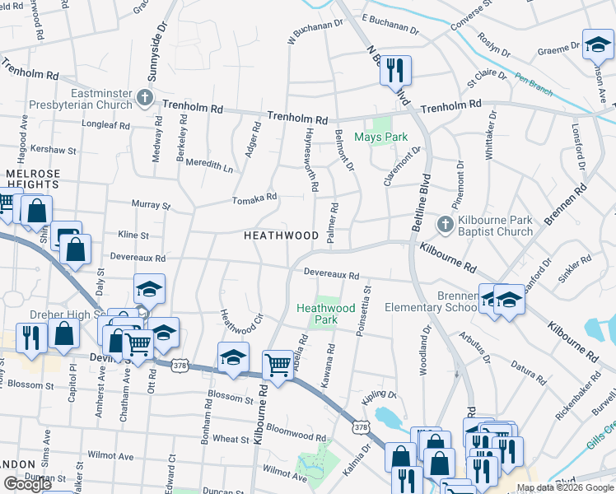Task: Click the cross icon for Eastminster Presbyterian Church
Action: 145,98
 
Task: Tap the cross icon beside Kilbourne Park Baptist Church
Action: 445,225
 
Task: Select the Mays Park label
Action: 380,137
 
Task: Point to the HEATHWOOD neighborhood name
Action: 281,235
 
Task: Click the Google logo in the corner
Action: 27,484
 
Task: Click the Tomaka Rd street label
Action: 254,198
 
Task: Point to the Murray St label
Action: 151,204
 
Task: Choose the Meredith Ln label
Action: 210,164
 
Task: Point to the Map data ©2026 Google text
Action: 565,487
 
